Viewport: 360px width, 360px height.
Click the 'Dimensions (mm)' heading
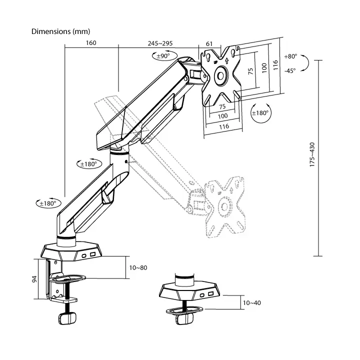point(60,31)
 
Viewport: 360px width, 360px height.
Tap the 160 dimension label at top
point(91,43)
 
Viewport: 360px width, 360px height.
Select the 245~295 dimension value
point(160,43)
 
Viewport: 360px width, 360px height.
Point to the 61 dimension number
point(209,43)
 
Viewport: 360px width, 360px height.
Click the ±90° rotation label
point(163,56)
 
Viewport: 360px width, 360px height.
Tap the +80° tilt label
point(290,56)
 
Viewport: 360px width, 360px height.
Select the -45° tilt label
point(290,70)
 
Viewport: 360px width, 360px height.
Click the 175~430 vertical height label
point(312,154)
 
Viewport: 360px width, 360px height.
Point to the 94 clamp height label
point(34,279)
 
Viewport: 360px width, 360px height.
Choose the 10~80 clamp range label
point(138,267)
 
